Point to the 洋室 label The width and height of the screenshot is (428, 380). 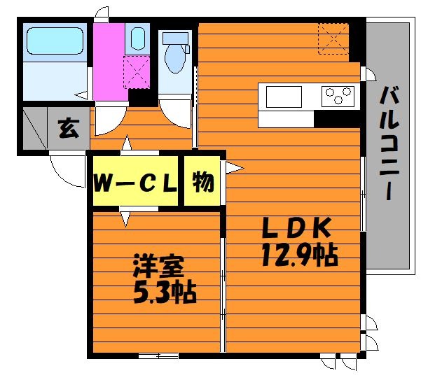(159, 267)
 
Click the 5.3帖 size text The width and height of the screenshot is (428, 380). (165, 290)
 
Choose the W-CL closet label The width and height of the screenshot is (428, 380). (134, 184)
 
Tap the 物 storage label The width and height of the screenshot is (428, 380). (202, 183)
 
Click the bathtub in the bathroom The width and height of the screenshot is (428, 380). (54, 43)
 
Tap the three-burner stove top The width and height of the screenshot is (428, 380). (338, 95)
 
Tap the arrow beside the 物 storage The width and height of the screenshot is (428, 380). (233, 168)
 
